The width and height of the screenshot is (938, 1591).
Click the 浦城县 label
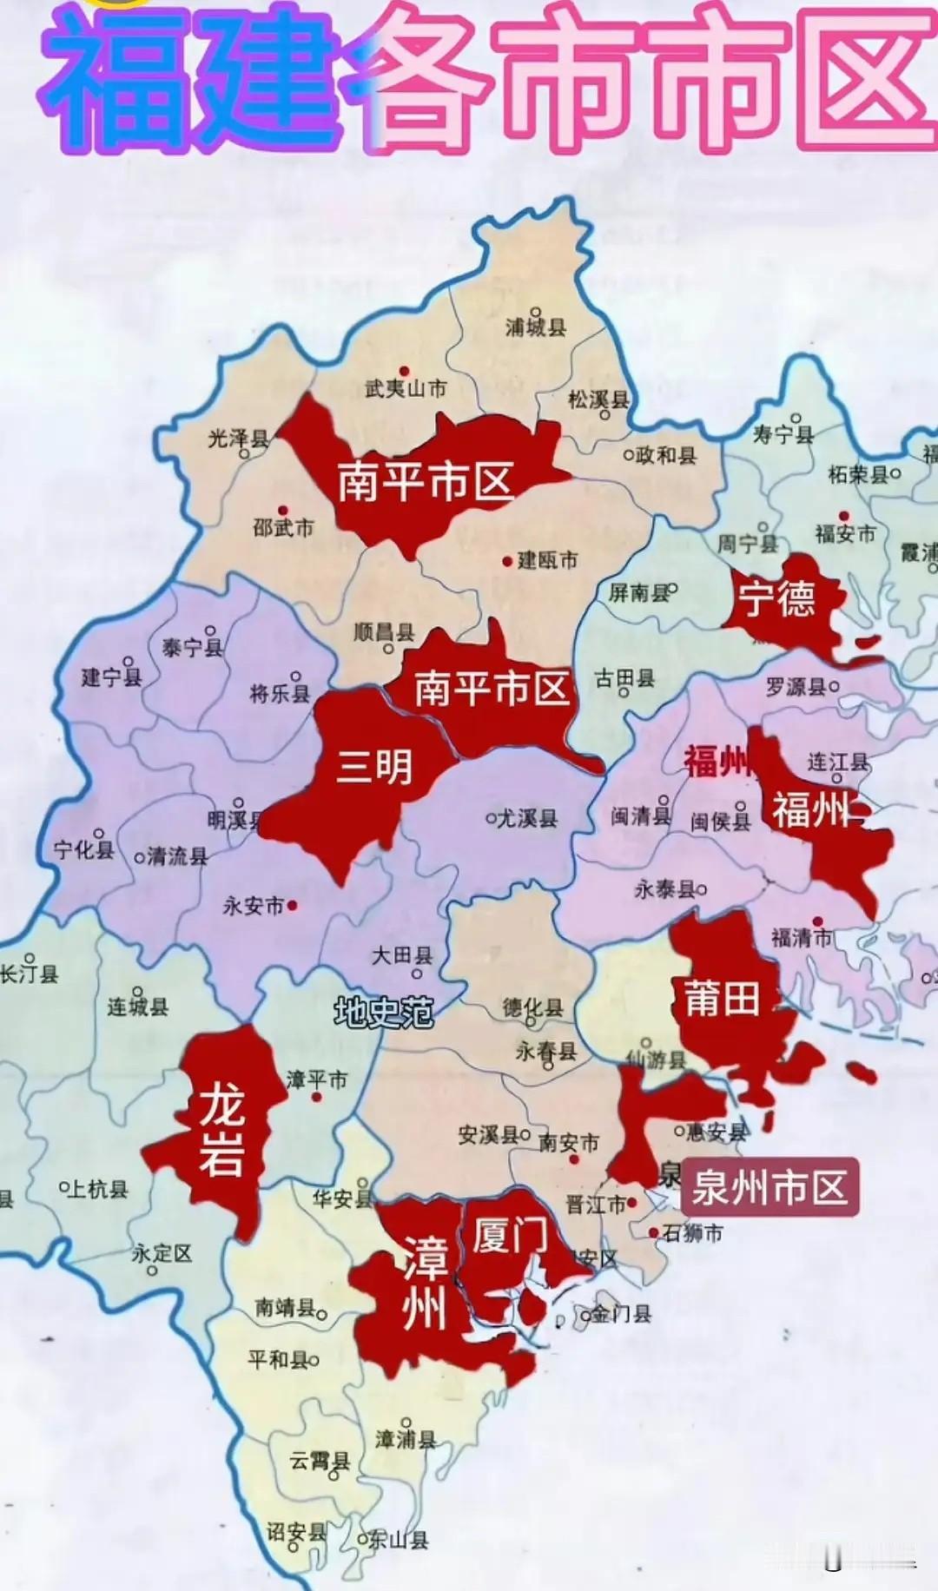[x=536, y=327]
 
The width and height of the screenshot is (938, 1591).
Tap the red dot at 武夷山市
[x=404, y=371]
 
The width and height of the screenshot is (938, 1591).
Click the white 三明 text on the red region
[x=374, y=767]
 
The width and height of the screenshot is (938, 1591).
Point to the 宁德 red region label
[x=777, y=599]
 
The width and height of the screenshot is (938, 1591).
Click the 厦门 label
[x=511, y=1235]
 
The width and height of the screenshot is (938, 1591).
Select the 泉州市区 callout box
[x=770, y=1187]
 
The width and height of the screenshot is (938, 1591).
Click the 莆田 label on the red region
[x=723, y=999]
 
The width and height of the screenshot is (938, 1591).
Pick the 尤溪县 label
[x=526, y=818]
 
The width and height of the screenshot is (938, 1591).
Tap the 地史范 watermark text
[x=383, y=1012]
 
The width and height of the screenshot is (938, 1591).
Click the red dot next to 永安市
[x=293, y=905]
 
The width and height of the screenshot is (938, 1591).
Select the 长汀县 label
[x=28, y=974]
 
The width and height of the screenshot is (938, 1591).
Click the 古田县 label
[x=624, y=678]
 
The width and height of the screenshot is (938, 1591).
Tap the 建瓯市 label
[x=547, y=560]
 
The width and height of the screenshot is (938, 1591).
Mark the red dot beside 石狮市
[x=653, y=1232]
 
